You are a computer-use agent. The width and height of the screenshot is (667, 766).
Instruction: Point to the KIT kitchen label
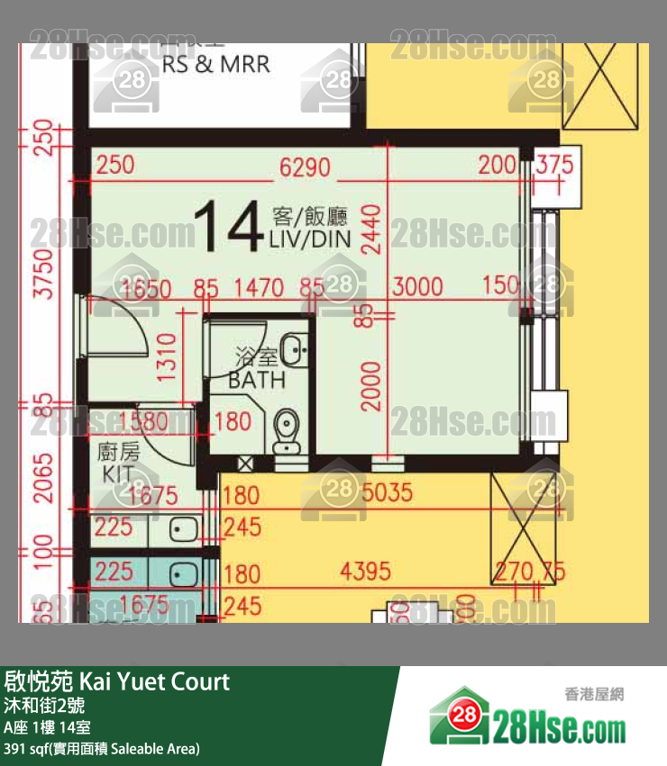(117, 474)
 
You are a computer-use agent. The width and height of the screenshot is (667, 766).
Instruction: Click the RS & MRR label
(215, 66)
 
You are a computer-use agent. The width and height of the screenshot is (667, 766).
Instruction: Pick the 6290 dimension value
(305, 167)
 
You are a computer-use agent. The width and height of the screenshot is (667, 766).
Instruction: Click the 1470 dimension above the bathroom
(259, 288)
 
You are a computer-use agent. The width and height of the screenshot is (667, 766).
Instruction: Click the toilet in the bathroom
(288, 428)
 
